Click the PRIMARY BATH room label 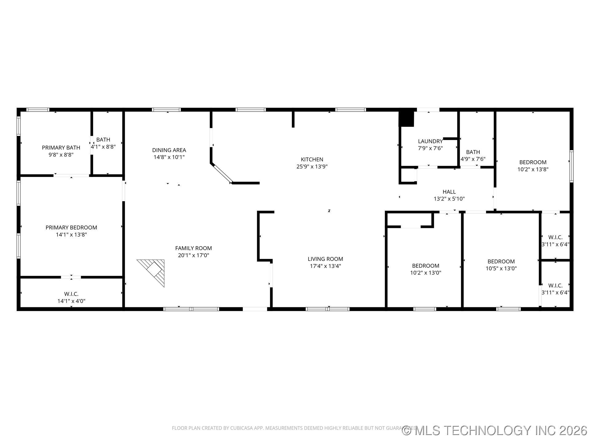(x=61, y=148)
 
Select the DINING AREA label (x=169, y=150)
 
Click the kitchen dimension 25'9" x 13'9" (x=312, y=166)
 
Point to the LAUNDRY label (x=430, y=141)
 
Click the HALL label (x=449, y=192)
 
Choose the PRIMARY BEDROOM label (x=71, y=228)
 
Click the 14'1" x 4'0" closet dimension (x=71, y=301)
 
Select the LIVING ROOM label (x=325, y=259)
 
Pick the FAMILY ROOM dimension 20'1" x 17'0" (x=194, y=255)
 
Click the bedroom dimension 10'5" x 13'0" (x=501, y=268)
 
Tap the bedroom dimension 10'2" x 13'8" (x=533, y=169)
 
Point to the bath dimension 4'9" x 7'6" (x=473, y=159)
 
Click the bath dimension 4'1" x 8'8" (x=103, y=147)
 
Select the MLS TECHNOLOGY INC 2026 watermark (x=494, y=430)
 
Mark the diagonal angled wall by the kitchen (x=222, y=173)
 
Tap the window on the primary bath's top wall (x=38, y=110)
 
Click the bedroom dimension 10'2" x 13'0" (x=426, y=273)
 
